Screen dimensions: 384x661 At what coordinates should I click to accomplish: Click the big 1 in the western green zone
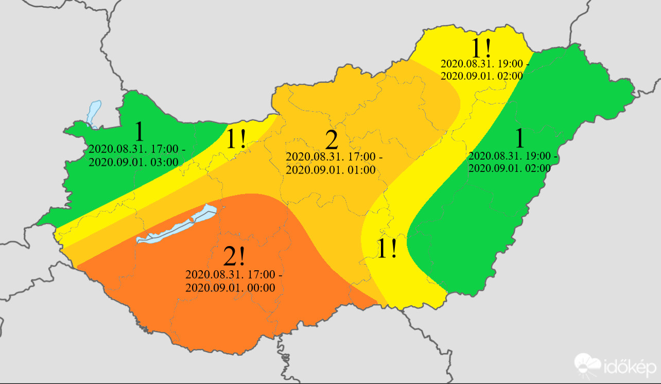(139, 132)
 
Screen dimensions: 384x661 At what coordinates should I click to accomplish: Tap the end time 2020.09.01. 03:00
(133, 162)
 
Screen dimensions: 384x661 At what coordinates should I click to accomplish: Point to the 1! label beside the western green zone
(236, 140)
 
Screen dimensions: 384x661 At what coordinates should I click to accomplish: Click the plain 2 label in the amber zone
(332, 140)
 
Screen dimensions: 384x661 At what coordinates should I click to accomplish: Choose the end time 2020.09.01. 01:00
(330, 170)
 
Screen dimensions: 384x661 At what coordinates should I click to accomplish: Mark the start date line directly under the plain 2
(334, 156)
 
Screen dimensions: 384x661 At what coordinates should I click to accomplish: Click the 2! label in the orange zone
(235, 256)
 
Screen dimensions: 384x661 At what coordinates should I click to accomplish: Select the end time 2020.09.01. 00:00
(230, 288)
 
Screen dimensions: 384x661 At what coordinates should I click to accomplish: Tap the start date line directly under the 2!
(233, 274)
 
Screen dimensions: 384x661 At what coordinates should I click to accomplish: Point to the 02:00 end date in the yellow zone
(482, 76)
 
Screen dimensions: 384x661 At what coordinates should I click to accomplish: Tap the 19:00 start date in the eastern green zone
(513, 155)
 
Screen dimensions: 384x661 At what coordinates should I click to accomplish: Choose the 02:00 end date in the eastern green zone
(510, 168)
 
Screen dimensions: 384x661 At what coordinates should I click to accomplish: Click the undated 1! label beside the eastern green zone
(387, 249)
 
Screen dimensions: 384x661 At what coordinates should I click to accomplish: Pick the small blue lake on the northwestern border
(94, 113)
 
